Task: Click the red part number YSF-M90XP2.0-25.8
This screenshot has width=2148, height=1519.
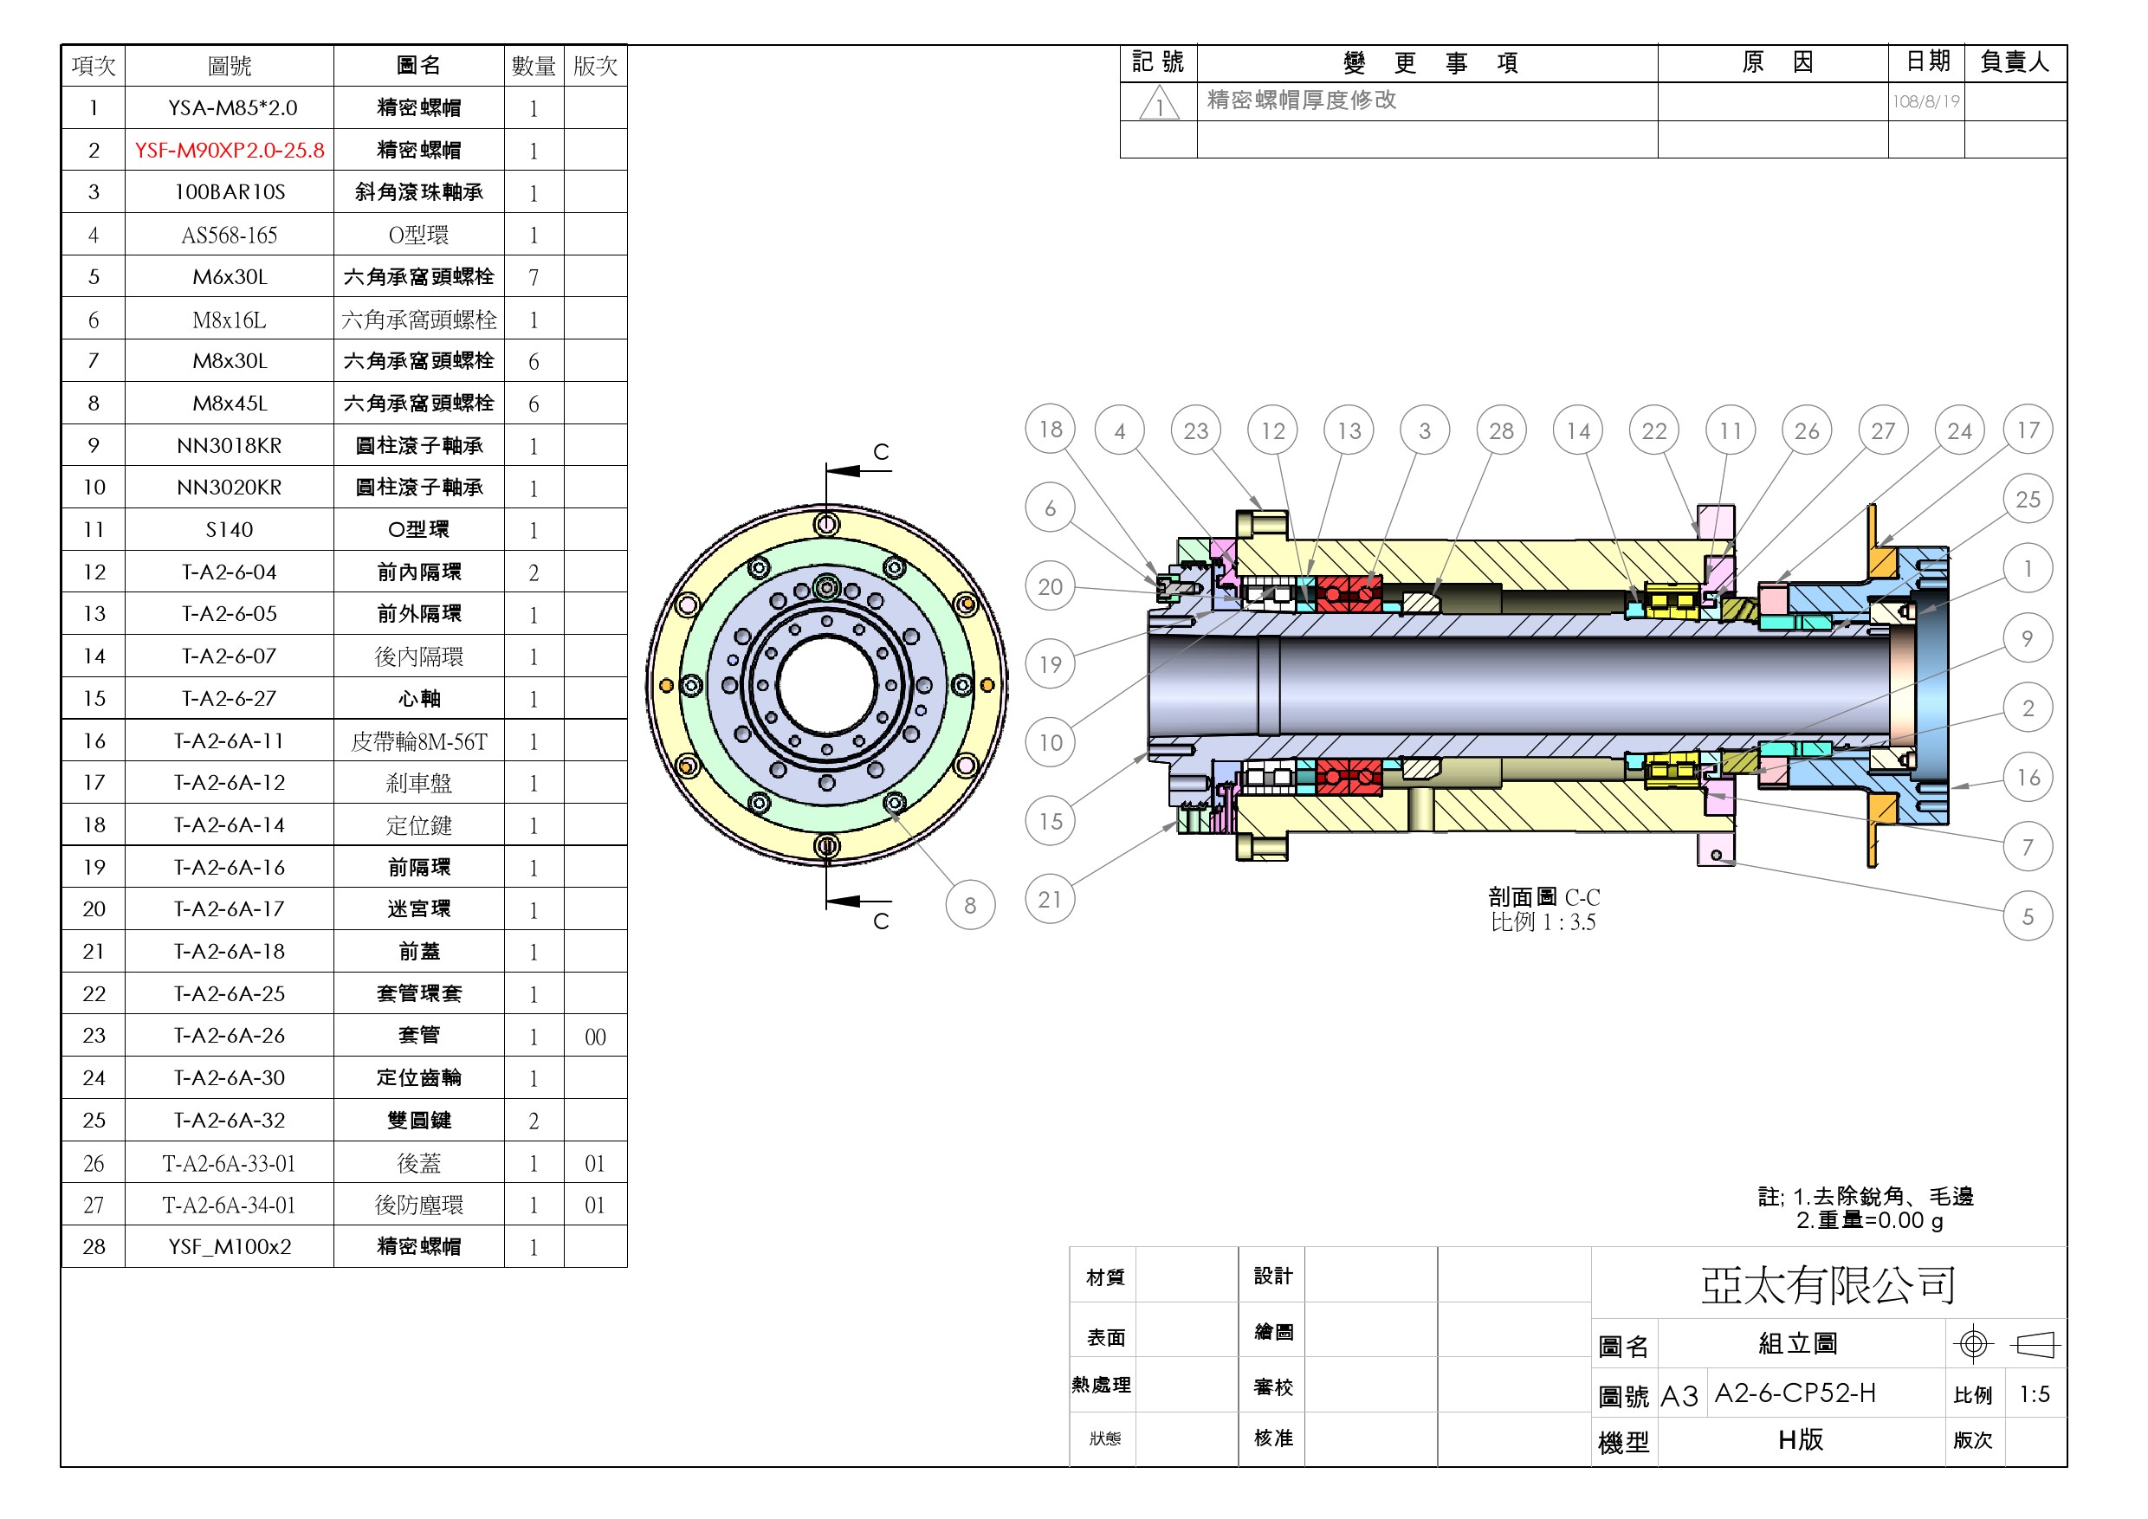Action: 230,150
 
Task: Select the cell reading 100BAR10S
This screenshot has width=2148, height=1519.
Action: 230,191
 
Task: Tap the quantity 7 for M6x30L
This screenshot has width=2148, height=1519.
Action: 534,277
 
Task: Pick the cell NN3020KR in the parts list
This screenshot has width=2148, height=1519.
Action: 230,488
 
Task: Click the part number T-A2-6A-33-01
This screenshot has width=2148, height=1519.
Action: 230,1164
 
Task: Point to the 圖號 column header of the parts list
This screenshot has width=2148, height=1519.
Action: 230,66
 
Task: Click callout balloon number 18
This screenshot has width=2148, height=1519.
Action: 1050,430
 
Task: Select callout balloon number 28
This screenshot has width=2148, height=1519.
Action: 1501,430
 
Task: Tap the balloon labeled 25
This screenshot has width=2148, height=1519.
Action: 2028,499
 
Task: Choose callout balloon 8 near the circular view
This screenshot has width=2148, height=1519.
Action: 970,904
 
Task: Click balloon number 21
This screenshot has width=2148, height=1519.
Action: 1050,899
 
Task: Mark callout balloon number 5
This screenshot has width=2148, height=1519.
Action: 2028,915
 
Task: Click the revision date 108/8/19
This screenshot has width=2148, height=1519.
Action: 1925,101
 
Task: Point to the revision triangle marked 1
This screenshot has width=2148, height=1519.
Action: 1158,104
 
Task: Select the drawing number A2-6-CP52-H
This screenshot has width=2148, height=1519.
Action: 1795,1393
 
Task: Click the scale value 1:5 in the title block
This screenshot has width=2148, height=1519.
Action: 2034,1394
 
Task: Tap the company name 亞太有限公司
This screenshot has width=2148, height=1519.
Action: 1828,1284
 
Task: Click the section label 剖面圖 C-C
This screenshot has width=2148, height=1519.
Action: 1543,897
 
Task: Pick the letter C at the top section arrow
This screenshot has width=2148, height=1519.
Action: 880,452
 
